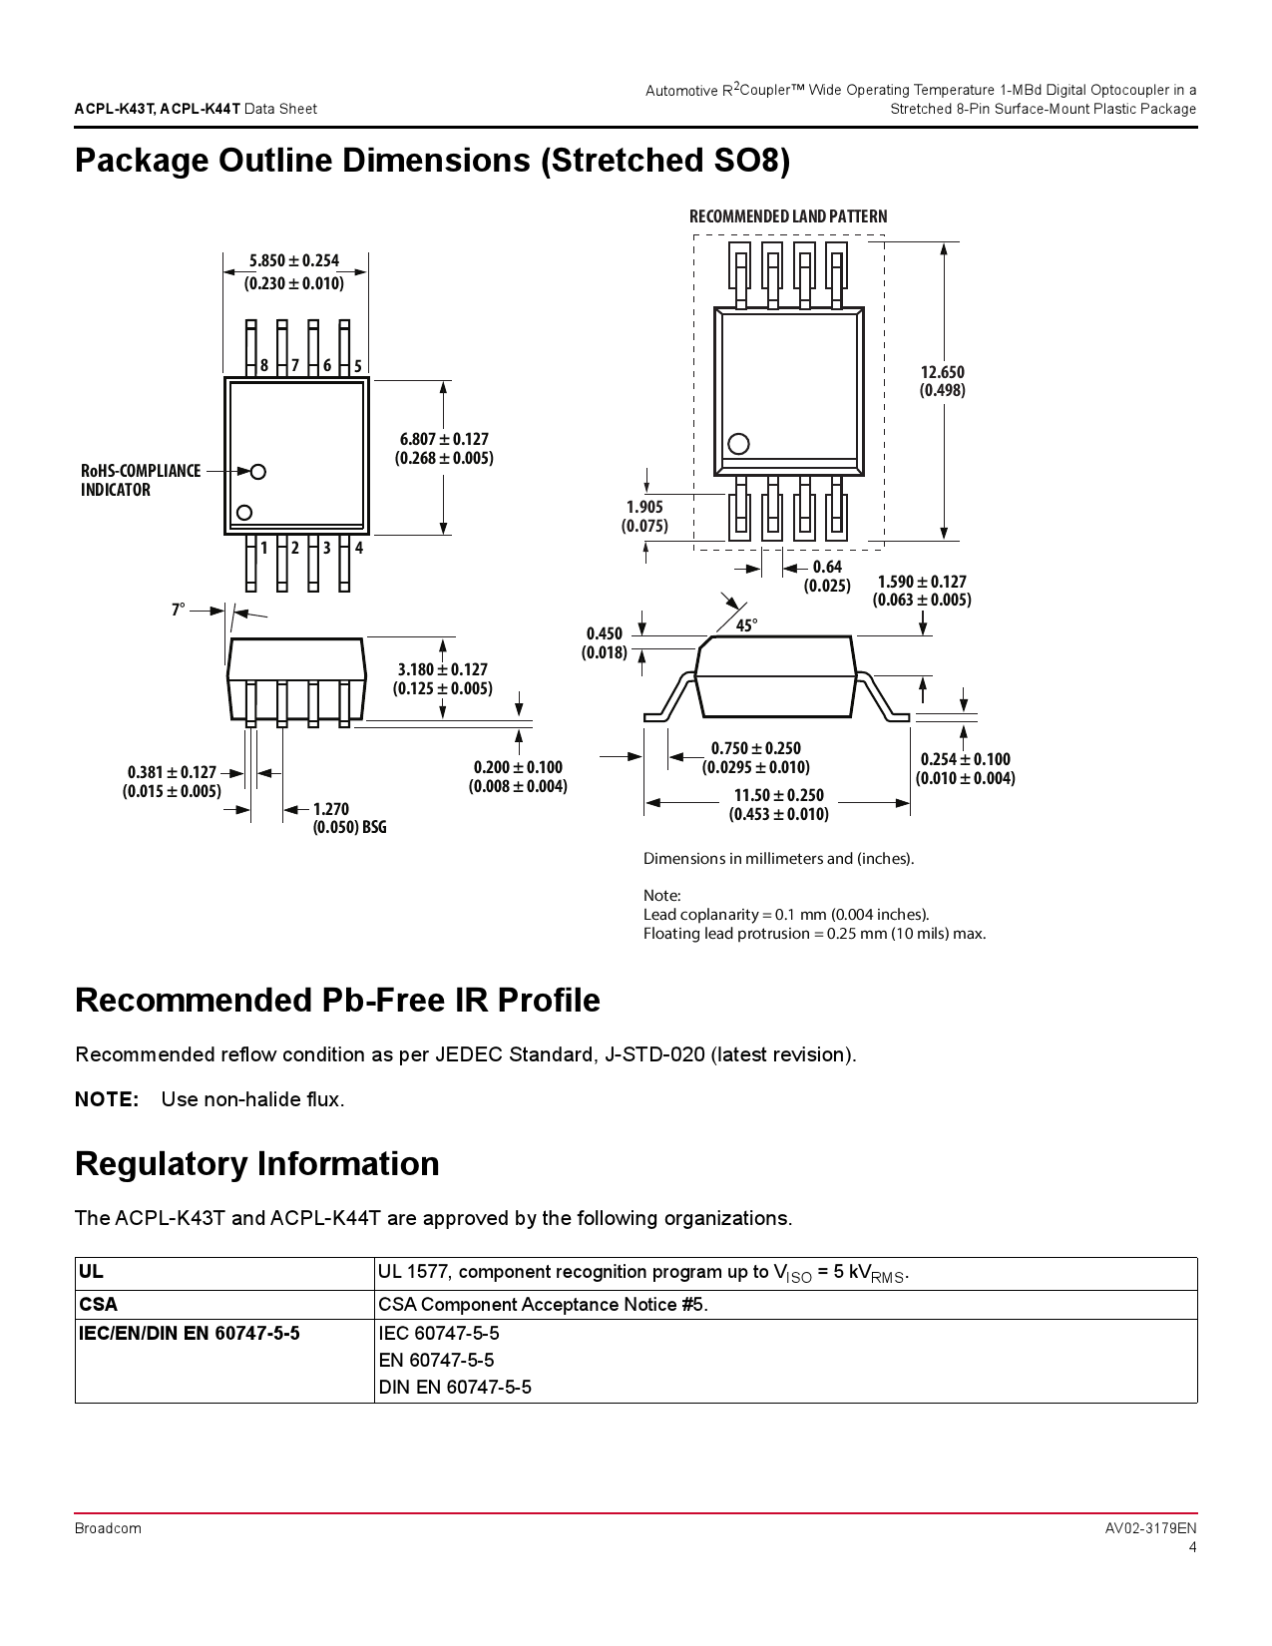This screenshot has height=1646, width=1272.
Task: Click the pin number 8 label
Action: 264,366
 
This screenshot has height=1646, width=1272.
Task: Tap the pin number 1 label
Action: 264,548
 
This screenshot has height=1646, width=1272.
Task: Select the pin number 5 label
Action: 358,366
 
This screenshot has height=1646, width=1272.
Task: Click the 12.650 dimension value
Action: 942,372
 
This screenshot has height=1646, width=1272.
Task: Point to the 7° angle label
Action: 179,610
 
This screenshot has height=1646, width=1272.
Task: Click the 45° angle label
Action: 746,625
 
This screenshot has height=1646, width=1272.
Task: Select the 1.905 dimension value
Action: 644,507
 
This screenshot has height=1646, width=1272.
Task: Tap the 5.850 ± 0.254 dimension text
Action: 294,261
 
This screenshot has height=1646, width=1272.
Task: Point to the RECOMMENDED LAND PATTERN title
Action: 788,216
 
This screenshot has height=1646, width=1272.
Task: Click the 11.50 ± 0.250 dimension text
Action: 779,795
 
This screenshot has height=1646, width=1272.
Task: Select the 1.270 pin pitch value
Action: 331,809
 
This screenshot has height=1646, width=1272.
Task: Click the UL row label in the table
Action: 91,1272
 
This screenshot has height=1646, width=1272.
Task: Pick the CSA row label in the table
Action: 98,1304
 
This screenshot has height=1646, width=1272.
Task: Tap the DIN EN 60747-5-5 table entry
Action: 455,1387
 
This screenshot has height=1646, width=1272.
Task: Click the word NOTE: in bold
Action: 107,1099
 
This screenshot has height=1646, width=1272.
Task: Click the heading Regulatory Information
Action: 257,1164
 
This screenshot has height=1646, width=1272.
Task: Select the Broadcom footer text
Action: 108,1528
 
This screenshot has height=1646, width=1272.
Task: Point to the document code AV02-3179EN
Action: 1150,1528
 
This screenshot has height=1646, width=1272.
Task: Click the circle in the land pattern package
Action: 738,444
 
